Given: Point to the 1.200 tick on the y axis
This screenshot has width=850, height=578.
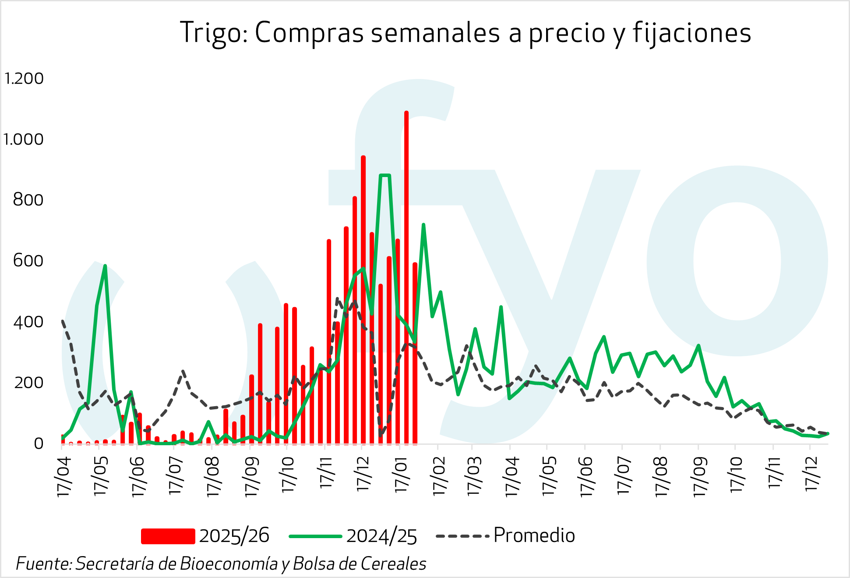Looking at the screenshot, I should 24,79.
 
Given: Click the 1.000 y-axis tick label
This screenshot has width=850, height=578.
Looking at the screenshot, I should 24,140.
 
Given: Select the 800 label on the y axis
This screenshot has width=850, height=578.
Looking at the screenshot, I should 28,200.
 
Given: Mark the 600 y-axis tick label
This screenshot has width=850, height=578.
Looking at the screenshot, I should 28,261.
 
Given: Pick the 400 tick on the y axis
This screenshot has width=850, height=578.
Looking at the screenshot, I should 28,322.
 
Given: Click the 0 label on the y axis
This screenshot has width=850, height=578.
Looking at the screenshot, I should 39,443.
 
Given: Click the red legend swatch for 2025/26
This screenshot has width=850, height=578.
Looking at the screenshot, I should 168,536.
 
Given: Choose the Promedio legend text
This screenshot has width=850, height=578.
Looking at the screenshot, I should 534,535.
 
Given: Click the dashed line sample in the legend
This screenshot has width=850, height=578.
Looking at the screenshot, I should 462,536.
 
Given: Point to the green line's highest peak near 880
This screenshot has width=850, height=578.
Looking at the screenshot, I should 384,176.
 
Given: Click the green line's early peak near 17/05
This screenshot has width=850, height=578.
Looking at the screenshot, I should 105,266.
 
